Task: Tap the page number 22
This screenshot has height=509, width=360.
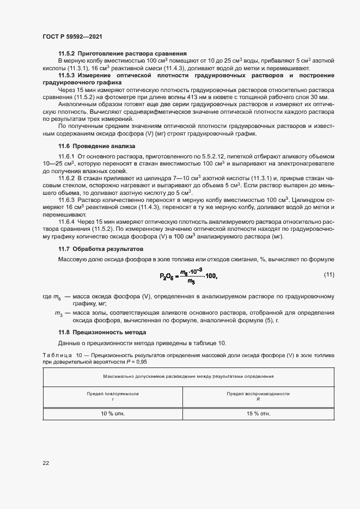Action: point(46,463)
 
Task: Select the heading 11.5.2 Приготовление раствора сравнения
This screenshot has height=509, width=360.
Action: point(123,53)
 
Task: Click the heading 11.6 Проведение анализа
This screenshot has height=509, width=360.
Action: point(96,146)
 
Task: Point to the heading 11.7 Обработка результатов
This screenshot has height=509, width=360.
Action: point(100,248)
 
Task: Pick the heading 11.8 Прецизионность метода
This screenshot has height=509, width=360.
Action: point(102,332)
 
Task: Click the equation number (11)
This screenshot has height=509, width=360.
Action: point(328,274)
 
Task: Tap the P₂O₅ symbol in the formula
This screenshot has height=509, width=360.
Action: point(167,277)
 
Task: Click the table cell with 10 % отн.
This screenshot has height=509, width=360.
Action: point(113,414)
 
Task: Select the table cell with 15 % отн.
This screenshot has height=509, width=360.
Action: point(258,414)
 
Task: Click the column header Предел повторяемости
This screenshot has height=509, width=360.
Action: point(113,394)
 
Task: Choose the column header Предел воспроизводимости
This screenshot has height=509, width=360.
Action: point(258,394)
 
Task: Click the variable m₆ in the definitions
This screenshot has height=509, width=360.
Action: point(57,296)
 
